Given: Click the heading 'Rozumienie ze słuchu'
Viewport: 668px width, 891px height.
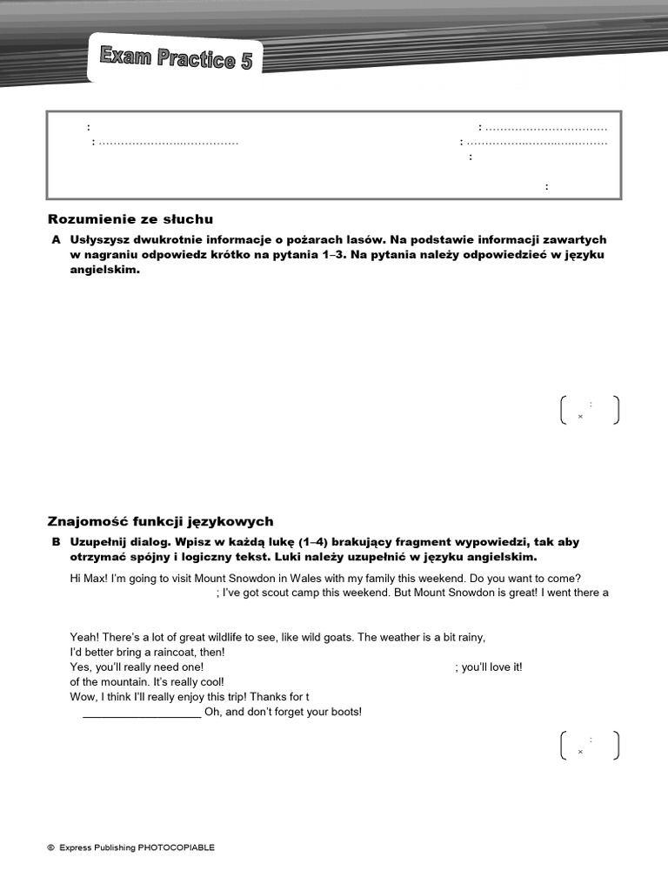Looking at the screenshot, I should [x=130, y=219].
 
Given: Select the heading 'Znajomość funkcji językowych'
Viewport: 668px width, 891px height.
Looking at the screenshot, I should [x=160, y=521].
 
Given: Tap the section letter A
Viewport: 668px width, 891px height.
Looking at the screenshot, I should [x=56, y=239].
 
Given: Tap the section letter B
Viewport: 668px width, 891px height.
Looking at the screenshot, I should [x=56, y=542].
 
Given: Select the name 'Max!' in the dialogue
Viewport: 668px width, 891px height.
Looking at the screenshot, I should [x=97, y=579].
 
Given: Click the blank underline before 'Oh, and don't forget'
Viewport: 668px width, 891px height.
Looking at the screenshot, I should [x=141, y=713].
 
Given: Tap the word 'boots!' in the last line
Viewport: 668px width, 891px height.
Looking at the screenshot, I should [x=344, y=712].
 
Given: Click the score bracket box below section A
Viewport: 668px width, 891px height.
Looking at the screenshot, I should [x=590, y=410].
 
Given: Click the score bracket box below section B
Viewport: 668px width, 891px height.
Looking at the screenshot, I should [x=590, y=746].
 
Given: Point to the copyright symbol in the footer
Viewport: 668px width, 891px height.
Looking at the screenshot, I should [x=50, y=847].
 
